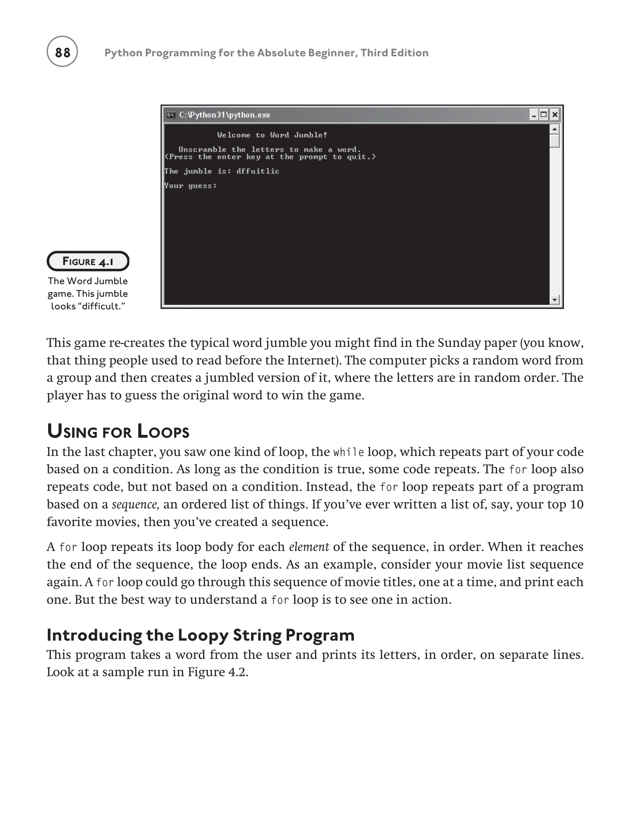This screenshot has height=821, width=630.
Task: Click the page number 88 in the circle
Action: (62, 52)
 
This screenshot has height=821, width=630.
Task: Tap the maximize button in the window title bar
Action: (544, 115)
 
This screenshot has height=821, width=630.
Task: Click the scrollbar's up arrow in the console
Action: (555, 129)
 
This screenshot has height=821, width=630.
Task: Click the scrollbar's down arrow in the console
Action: (555, 300)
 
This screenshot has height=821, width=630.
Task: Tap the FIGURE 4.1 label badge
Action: (88, 261)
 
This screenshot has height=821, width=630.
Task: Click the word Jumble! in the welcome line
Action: (311, 135)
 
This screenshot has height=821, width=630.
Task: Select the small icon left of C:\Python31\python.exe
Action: (171, 115)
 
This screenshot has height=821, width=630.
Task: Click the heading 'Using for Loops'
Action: (118, 432)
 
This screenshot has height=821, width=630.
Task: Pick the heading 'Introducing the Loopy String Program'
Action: (201, 635)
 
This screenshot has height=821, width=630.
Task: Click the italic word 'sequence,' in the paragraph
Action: (136, 505)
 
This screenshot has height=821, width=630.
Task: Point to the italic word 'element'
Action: (309, 547)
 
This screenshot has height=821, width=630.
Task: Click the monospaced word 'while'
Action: (348, 452)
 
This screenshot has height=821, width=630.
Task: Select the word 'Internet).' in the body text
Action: (314, 360)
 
